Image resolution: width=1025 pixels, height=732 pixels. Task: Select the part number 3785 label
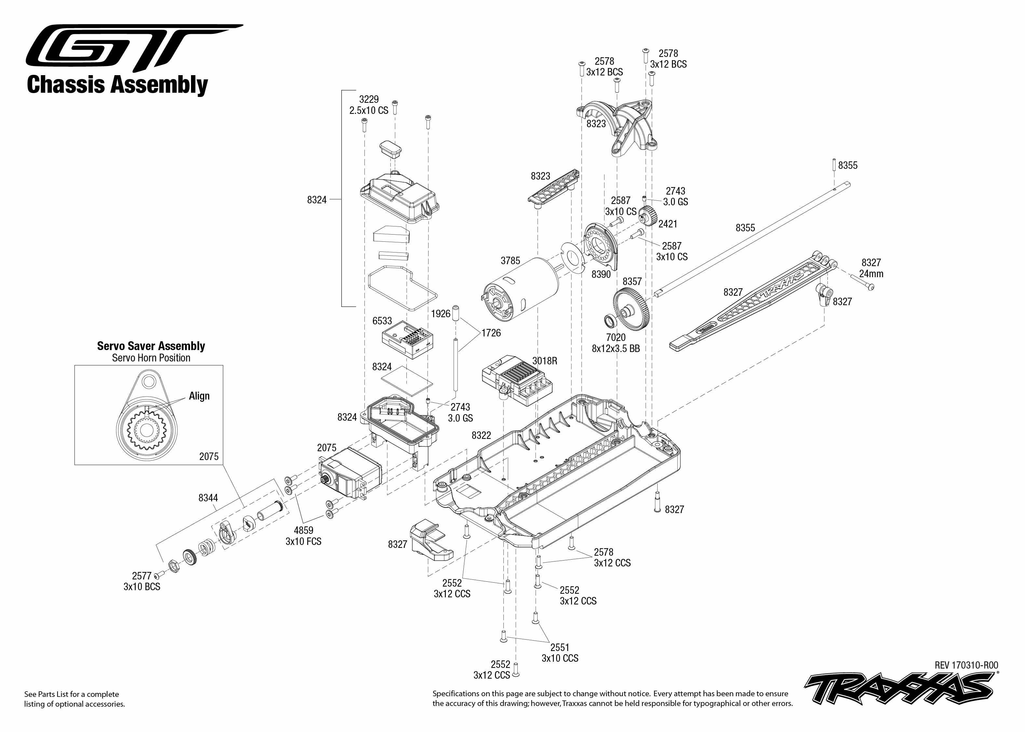pos(510,261)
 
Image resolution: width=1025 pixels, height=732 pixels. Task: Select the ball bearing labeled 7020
pos(610,321)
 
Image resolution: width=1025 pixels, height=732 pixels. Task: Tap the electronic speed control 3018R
pos(517,380)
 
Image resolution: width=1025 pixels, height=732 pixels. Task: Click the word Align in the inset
pos(199,396)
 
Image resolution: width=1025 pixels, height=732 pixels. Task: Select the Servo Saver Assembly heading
pos(151,346)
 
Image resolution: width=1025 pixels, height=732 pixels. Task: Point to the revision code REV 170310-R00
pos(966,665)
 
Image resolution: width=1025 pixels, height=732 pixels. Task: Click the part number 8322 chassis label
pos(481,435)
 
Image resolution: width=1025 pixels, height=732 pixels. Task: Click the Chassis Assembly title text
pos(117,85)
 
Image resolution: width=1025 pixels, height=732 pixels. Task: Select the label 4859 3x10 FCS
pos(303,536)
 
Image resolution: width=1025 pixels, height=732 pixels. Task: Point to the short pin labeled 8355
pos(834,165)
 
